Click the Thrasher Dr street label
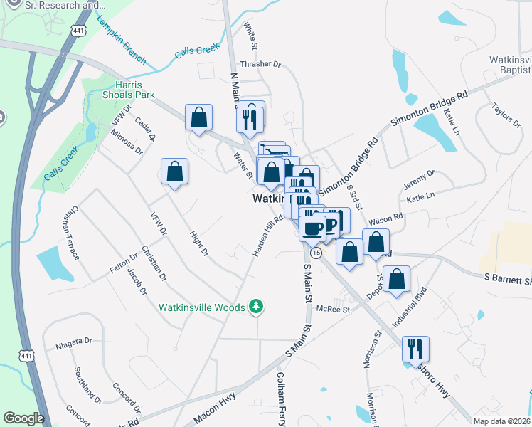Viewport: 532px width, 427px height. pos(261,64)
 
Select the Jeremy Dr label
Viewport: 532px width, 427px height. pos(419,178)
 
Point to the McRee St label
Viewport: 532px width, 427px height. pos(334,310)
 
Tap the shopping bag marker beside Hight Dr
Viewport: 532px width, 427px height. pos(174,172)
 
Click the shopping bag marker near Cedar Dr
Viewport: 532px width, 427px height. pos(199,118)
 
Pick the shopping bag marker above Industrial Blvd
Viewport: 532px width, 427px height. pos(398,280)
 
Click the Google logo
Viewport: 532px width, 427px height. pos(23,418)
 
